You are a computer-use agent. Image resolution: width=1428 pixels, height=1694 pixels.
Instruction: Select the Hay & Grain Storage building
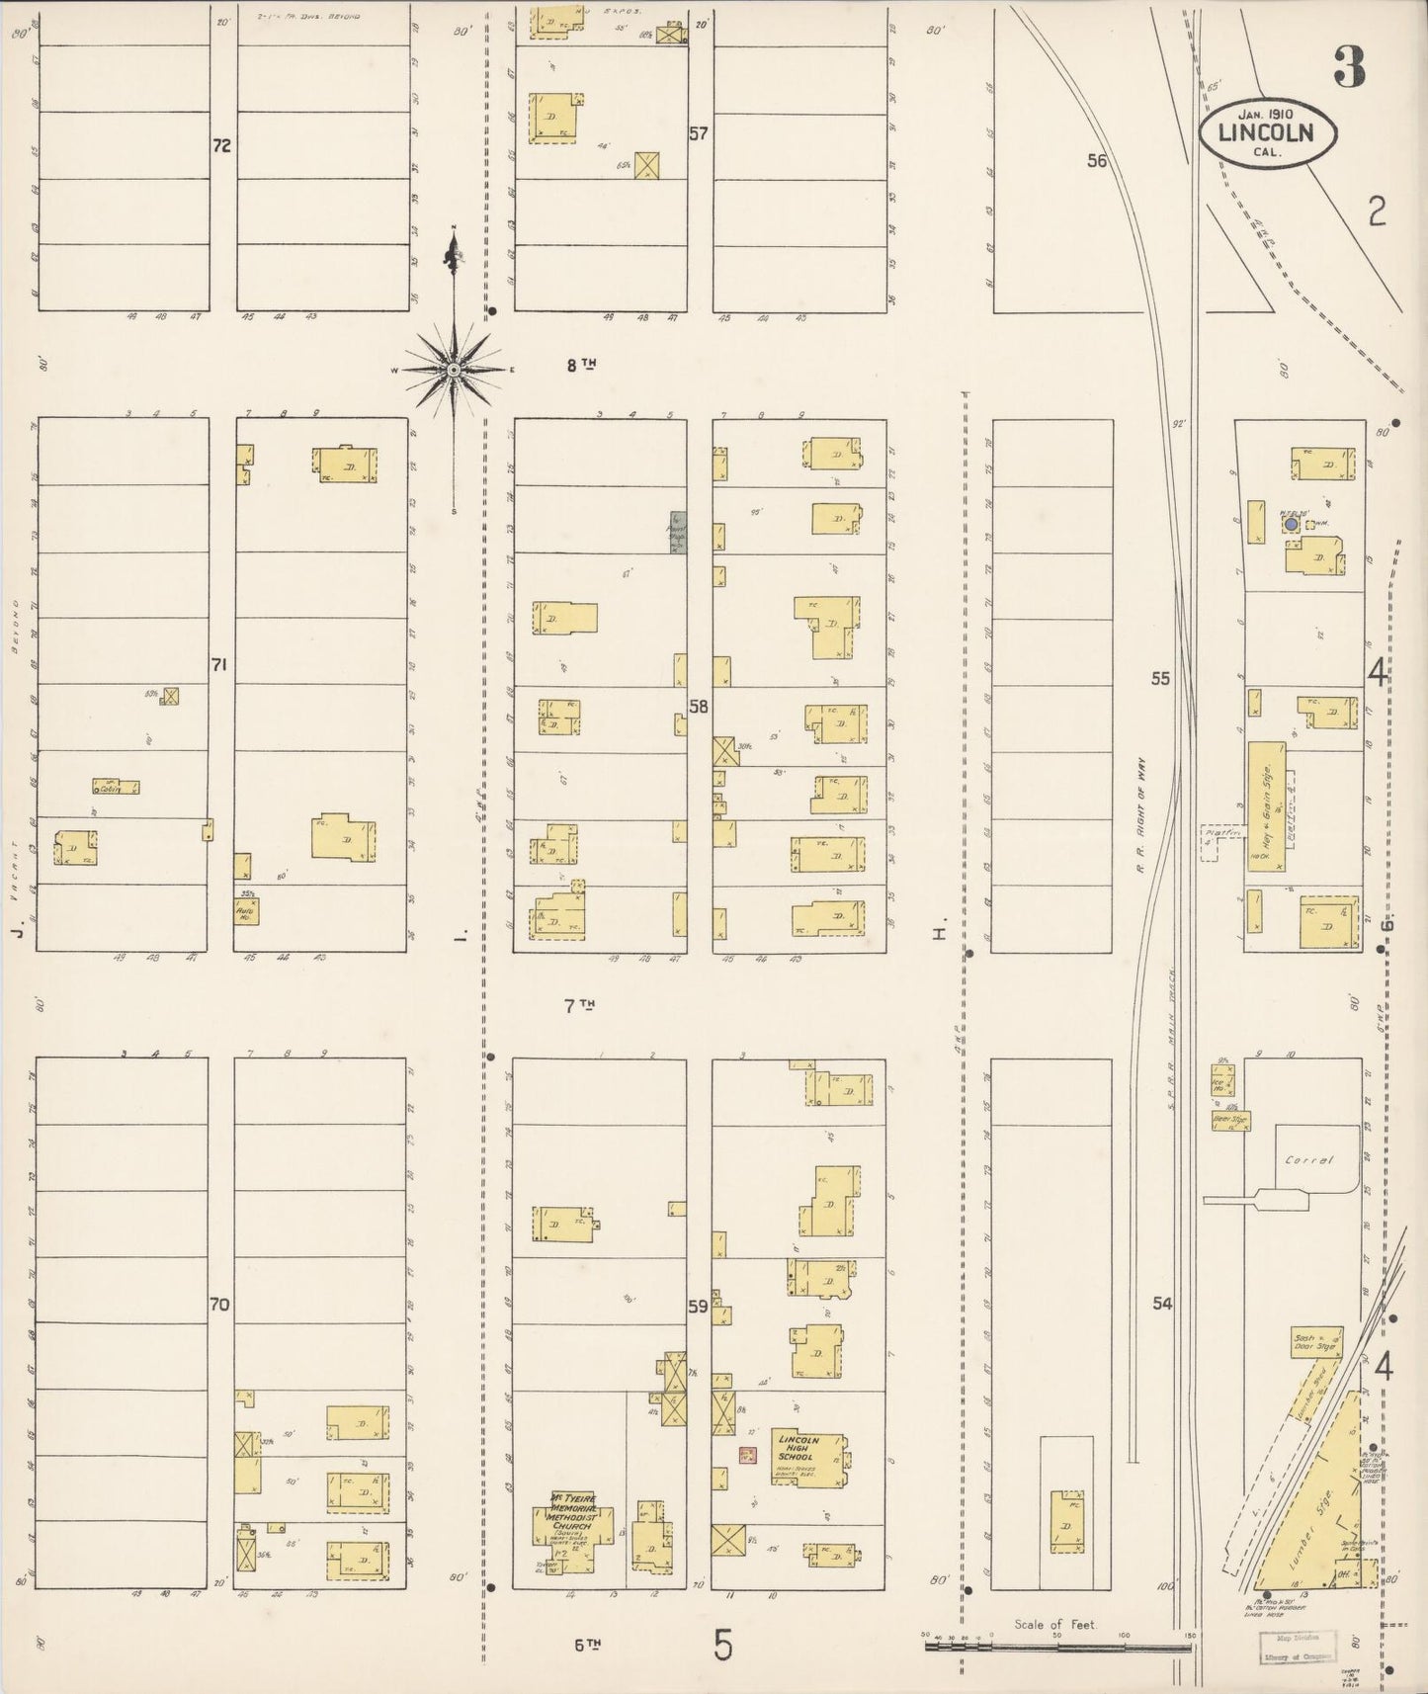coord(1264,805)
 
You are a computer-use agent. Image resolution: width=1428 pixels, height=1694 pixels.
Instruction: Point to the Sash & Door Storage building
coord(1315,1343)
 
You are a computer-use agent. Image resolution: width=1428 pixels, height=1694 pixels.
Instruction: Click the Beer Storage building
coord(1229,1121)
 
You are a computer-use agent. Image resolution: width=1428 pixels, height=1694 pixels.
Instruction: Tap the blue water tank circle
coord(1290,524)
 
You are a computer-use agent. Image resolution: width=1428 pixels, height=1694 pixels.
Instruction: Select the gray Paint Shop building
coord(678,533)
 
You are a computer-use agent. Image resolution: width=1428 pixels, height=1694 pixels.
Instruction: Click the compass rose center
coord(453,370)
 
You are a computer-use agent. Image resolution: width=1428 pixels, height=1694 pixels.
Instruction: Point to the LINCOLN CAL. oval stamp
coord(1269,132)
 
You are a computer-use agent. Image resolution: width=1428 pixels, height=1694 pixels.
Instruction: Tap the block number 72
coord(221,145)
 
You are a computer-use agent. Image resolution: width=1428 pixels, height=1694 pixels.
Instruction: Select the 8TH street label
coord(581,365)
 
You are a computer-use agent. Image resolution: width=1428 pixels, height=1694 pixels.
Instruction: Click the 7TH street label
coord(580,1006)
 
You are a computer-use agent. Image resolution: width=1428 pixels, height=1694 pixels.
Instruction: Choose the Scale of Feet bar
coord(1057,1648)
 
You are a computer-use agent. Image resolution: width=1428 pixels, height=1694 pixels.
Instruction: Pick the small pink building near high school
coord(747,1454)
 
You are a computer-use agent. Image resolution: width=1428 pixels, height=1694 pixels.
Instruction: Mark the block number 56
coord(1097,160)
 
